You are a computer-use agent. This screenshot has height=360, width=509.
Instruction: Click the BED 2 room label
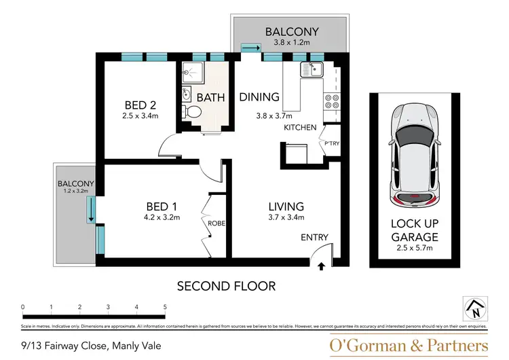click(140, 105)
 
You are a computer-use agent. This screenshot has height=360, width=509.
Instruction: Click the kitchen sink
click(314, 69)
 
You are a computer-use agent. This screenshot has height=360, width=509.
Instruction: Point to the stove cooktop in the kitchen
click(332, 101)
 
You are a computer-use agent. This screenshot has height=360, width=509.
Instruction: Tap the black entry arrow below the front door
click(322, 267)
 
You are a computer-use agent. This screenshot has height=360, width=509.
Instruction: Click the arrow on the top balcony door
click(250, 48)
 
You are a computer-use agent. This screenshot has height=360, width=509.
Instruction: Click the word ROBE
click(217, 223)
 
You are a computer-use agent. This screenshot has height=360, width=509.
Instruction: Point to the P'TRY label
click(332, 143)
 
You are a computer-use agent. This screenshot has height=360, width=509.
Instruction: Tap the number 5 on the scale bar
click(165, 307)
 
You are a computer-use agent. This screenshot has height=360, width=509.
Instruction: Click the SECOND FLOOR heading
click(226, 286)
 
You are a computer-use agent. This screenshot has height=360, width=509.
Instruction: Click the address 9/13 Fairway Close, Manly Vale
click(91, 345)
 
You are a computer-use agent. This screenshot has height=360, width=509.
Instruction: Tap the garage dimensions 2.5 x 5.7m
click(413, 249)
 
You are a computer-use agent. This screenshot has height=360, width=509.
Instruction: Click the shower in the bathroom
click(193, 73)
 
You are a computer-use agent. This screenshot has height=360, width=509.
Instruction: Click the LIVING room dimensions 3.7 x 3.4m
click(285, 218)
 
